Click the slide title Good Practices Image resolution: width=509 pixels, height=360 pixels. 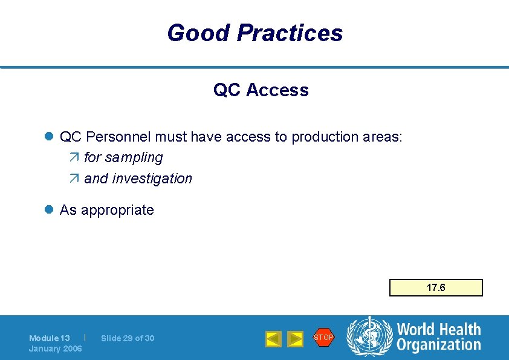pos(254,33)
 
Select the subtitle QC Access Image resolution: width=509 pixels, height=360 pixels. pos(261,90)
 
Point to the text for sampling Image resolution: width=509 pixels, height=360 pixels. pos(123,157)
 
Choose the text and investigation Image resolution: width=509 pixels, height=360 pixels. pos(138,178)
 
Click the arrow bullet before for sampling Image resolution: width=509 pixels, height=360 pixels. pos(74,158)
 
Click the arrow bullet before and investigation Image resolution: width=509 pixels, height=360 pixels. pos(74,179)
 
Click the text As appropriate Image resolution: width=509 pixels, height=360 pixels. pos(106,210)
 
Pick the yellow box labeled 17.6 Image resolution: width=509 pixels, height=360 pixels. pos(436,287)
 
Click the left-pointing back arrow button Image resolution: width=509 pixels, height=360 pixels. pos(273,339)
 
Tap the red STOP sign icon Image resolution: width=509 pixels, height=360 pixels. pos(323,337)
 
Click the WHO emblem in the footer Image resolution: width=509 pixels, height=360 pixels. pos(369,338)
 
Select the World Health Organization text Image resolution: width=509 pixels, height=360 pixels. pos(438,337)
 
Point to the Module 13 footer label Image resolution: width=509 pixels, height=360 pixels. pos(50,338)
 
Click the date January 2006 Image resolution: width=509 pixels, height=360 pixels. pos(56,349)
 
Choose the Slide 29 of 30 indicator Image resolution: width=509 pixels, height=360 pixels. pos(128,338)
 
